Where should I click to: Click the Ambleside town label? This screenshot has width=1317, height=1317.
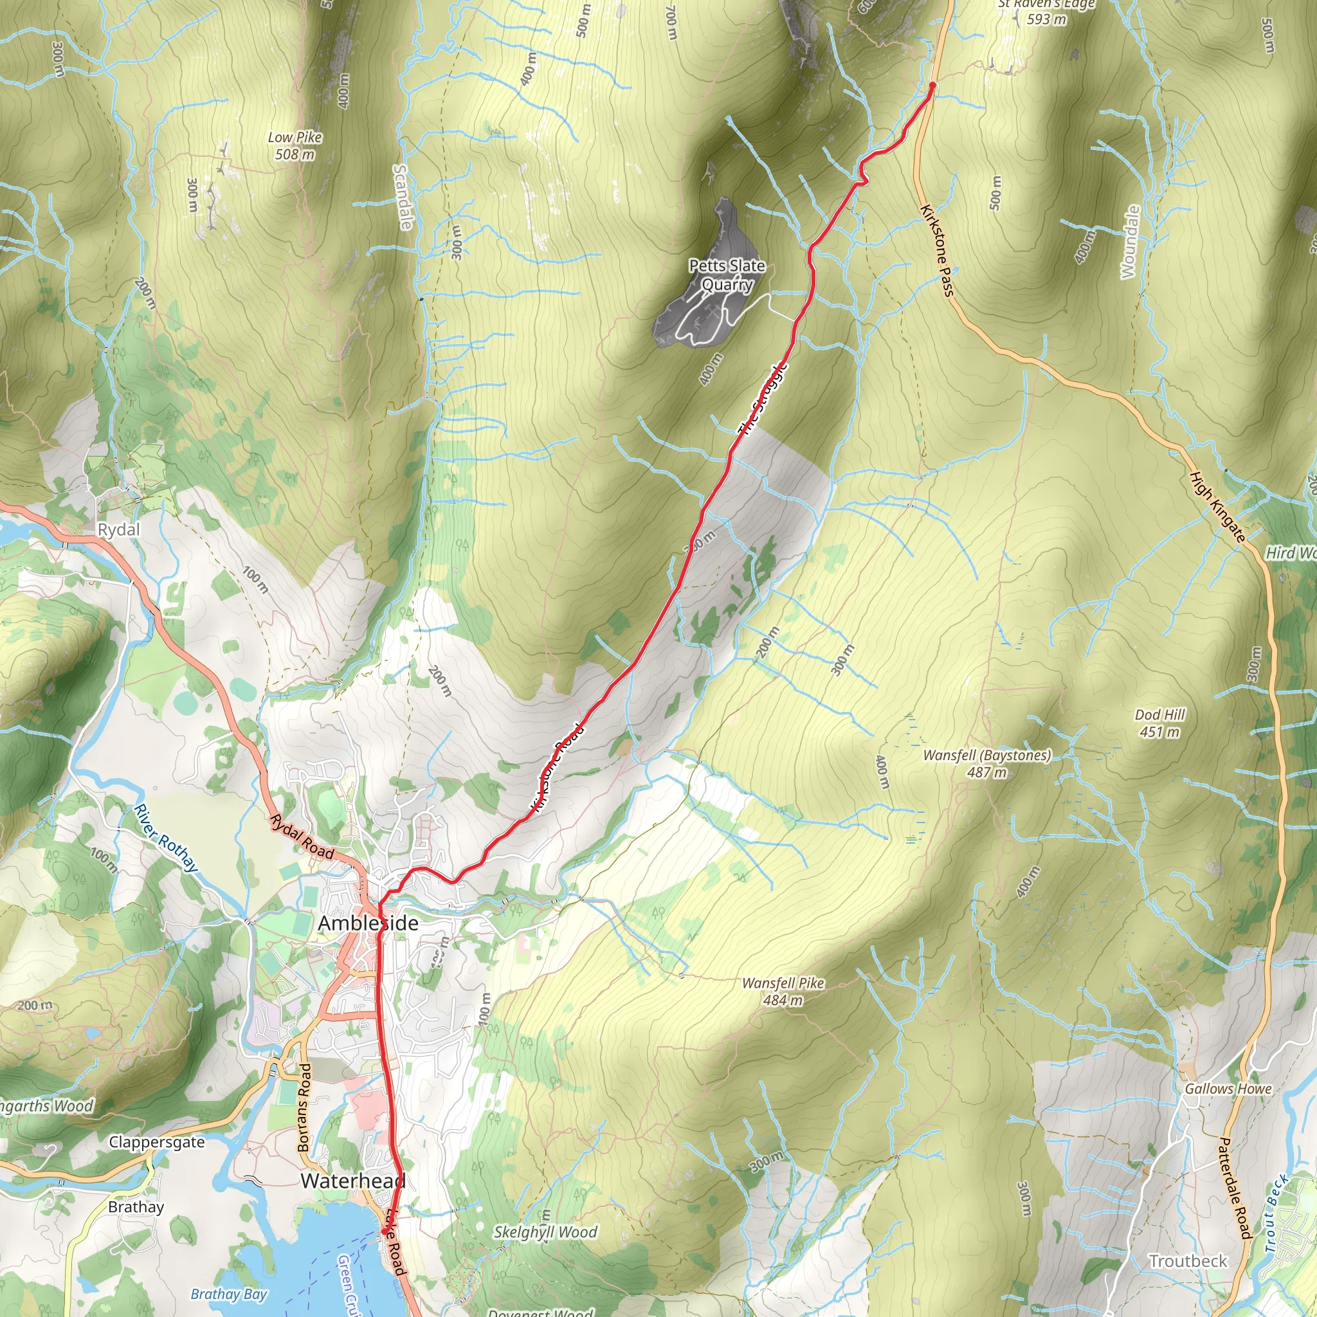[x=368, y=923]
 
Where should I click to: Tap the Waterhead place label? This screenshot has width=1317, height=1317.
[x=352, y=1181]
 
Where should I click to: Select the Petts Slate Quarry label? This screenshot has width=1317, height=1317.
[x=727, y=275]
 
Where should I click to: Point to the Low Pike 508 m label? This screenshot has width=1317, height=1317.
[x=295, y=146]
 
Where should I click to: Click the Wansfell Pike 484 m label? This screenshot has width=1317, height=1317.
[x=783, y=991]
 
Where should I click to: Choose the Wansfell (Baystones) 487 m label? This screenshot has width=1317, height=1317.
[x=986, y=763]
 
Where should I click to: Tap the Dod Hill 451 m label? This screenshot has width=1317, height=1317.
[x=1159, y=723]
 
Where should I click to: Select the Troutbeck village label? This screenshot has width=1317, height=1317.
[x=1188, y=1260]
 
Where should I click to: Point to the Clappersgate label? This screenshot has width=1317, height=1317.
[x=157, y=1142]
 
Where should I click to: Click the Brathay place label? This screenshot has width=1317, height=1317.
[x=136, y=1206]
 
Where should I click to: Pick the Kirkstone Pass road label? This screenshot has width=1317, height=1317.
[x=936, y=250]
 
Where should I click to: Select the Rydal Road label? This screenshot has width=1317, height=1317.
[x=302, y=837]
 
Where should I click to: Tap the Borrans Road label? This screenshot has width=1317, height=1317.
[x=304, y=1107]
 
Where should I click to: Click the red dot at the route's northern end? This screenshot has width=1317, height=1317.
[x=932, y=86]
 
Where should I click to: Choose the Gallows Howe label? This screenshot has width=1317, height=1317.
[x=1228, y=1089]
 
